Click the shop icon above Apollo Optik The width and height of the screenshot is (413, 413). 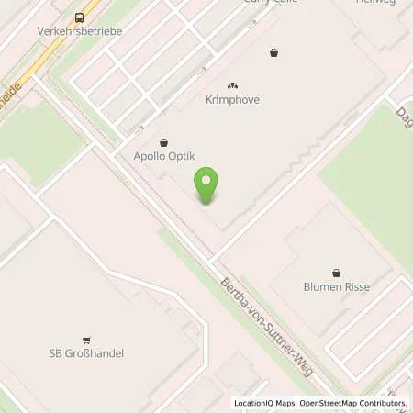(163, 142)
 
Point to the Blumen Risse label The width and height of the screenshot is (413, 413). (336, 286)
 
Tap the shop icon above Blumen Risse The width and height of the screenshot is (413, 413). (336, 272)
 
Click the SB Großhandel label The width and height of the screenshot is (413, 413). (85, 353)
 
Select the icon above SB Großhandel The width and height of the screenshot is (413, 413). (85, 339)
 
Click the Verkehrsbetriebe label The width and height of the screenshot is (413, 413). (80, 31)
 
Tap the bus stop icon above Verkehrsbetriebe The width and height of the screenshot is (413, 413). (80, 17)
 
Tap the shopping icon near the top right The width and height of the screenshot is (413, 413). (273, 52)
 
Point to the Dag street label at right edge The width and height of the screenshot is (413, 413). (404, 114)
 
